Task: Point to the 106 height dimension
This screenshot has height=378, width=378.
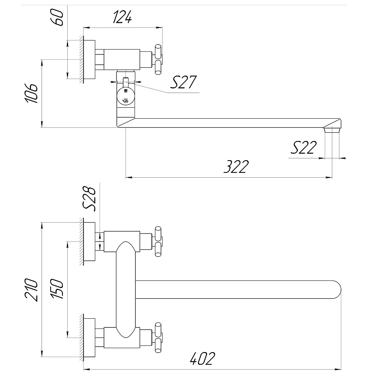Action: coord(32,93)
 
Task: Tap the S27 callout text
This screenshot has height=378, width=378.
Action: coord(183,82)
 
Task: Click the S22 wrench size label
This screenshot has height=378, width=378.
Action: coord(304,147)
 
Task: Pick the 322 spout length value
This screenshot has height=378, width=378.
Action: coord(236,166)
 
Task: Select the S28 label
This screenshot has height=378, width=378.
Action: coord(89,199)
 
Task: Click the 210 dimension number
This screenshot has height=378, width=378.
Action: coord(32,290)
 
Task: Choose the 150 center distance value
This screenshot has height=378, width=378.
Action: coord(57,289)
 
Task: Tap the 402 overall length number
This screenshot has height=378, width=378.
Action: coord(202,358)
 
